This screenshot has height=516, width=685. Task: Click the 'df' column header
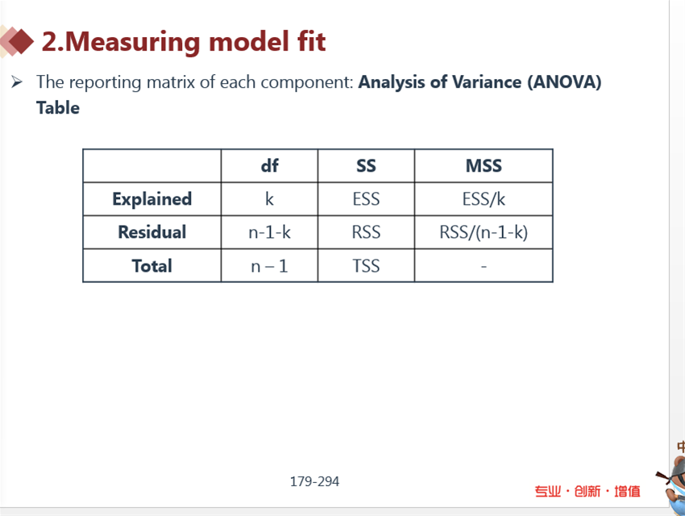pos(269,165)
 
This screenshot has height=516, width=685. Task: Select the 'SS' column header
pos(366,165)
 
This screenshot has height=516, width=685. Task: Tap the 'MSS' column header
pos(484,165)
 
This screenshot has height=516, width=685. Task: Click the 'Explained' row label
pos(152,199)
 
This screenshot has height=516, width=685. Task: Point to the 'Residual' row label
pos(152,232)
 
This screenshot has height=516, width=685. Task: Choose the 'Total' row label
pos(152,265)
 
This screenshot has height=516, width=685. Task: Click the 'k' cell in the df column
pos(269,199)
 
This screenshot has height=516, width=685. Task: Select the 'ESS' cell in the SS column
pos(366,199)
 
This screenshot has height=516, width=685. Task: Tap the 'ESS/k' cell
pos(484,199)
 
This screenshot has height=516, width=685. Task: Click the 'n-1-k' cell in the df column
pos(269,232)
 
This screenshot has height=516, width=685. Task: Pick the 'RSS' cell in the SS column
pos(366,232)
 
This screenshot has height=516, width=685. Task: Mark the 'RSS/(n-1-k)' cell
pos(484,232)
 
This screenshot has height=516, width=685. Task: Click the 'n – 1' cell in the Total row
pos(269,266)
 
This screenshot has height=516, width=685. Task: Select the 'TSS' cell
pos(366,265)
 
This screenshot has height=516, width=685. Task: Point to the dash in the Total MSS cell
pos(484,266)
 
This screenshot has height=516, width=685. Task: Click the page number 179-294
pos(314,481)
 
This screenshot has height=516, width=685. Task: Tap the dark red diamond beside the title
pos(21,41)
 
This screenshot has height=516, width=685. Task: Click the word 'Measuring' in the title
pos(133,43)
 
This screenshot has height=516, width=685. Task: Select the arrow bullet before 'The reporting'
pos(17,81)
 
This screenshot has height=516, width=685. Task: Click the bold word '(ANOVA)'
pos(564,81)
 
